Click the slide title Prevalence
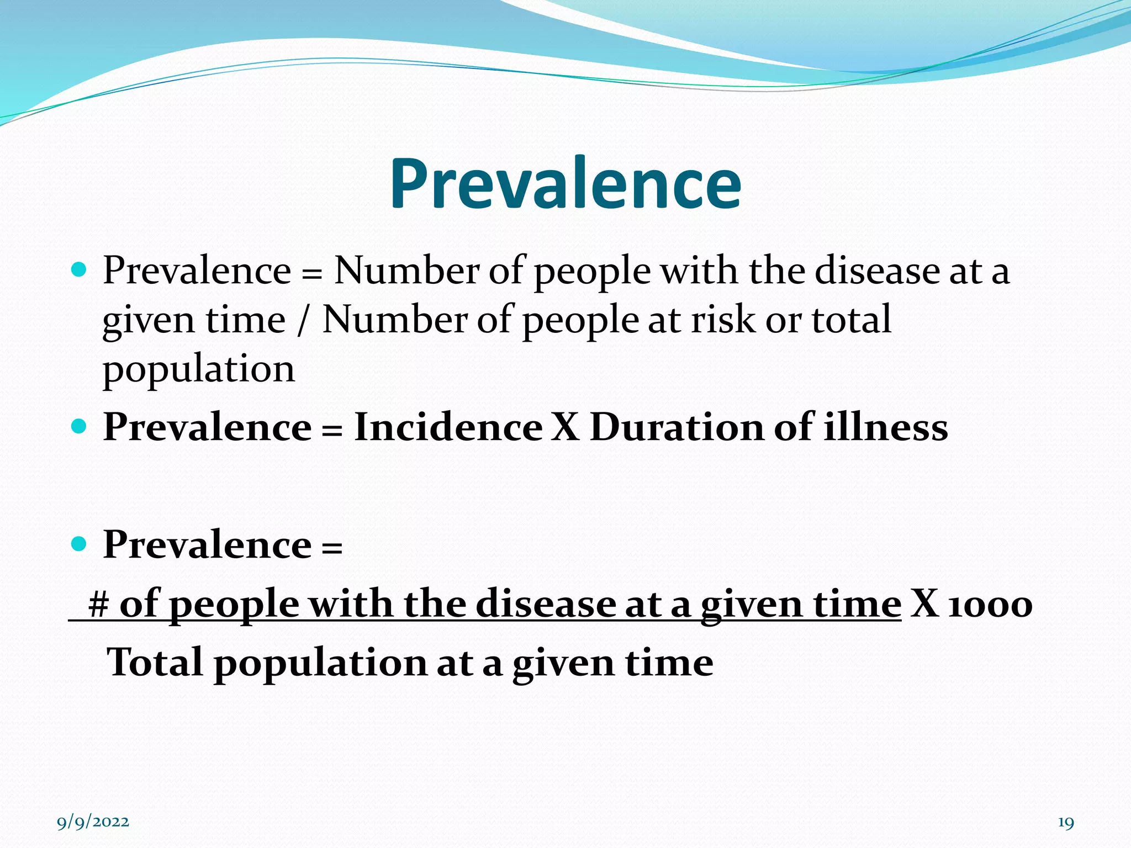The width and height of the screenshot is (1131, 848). coord(565,184)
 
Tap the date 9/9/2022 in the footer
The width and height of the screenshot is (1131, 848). coord(93,822)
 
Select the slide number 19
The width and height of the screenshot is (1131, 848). coord(1066,823)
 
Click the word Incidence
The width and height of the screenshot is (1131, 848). coord(448,427)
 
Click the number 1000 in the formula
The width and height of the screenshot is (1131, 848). coord(990,605)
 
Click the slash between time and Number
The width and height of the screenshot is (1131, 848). coord(302,320)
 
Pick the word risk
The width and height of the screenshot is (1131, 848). coord(722,320)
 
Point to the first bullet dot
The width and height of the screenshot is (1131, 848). coord(80,270)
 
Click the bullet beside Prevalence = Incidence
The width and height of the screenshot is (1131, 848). coord(80,427)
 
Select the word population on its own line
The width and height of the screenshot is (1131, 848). coord(199,369)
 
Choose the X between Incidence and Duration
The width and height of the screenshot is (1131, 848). coord(565,427)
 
